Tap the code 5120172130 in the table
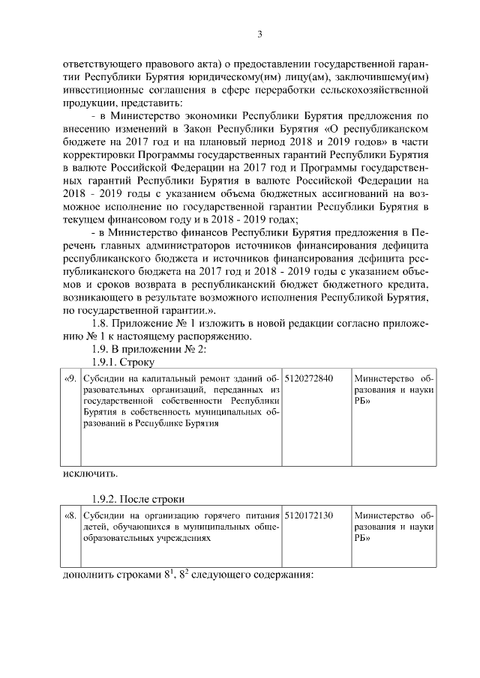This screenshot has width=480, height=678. click(x=309, y=515)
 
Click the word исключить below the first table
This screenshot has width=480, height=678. click(x=89, y=473)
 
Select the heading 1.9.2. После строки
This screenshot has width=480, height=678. click(x=138, y=499)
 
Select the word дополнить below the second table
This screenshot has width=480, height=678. click(x=89, y=576)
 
